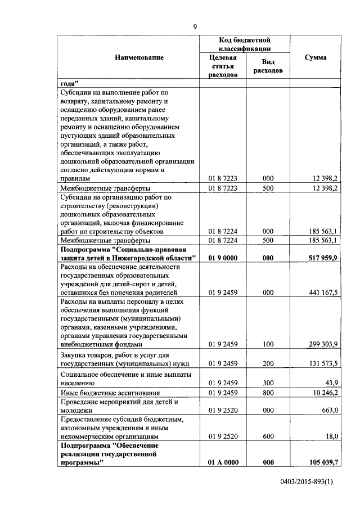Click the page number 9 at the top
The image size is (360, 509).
(195, 26)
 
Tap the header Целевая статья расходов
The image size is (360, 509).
(223, 66)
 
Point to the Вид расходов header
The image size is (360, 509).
(268, 66)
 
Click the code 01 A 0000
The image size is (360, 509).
(223, 462)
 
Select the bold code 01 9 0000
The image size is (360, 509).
(223, 258)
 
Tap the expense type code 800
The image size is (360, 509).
(268, 392)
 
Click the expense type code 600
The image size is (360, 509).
(268, 436)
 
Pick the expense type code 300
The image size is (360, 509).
(268, 382)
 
